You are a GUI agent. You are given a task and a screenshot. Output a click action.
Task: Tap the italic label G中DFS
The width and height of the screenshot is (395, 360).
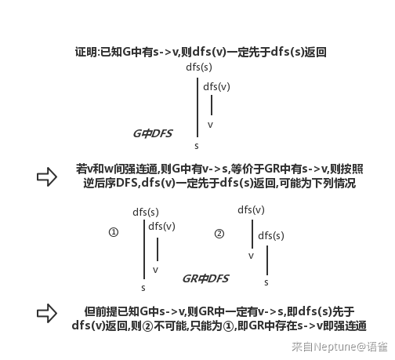153,133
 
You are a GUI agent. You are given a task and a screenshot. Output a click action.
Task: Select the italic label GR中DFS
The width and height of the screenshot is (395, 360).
205,278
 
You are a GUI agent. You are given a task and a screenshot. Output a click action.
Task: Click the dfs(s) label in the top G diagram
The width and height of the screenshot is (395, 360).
199,67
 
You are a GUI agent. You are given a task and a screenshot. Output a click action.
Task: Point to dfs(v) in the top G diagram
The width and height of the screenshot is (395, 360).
216,86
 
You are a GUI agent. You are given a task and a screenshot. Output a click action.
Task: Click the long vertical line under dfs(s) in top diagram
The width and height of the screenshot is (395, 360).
197,107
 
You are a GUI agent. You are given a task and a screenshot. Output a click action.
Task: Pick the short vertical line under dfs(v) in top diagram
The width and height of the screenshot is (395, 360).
212,105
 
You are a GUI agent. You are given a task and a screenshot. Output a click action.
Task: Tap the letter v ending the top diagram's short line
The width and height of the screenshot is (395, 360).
210,125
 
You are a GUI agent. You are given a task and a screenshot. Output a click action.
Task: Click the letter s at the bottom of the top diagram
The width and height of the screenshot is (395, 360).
197,146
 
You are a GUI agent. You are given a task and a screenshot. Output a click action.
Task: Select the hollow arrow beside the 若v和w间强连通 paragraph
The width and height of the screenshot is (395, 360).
47,176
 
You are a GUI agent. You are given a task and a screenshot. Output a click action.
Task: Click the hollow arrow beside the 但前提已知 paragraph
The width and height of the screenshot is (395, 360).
47,313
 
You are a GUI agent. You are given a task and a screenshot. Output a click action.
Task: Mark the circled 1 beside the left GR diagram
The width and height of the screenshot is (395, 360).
114,232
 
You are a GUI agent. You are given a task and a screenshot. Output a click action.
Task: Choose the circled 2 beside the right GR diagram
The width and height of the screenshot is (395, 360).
219,234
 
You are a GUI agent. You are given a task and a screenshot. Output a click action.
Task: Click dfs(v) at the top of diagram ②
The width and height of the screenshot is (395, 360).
251,209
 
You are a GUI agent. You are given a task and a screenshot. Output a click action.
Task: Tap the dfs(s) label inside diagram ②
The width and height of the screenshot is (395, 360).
271,235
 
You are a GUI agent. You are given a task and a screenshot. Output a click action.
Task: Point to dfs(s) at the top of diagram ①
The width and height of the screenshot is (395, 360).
146,212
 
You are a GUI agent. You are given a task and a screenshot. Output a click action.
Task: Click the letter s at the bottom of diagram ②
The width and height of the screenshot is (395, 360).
266,282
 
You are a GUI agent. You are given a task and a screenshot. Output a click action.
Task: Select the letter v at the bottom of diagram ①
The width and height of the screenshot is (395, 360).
155,270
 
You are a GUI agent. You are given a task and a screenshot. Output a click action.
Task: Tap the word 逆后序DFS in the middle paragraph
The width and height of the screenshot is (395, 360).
111,183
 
